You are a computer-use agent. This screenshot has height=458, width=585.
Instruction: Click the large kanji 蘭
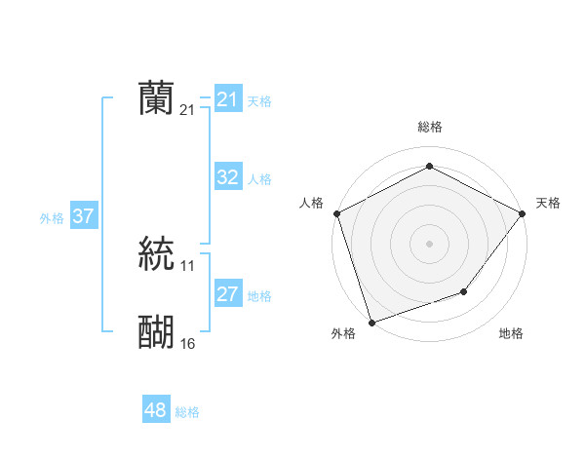tap(156, 98)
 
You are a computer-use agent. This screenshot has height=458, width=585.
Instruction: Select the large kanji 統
tap(156, 252)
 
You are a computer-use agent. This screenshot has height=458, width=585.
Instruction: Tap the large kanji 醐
tap(156, 332)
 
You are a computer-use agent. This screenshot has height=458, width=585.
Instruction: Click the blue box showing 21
tap(227, 99)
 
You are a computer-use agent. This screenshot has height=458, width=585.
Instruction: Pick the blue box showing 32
tap(227, 177)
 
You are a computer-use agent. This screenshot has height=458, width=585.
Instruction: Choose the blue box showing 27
tap(227, 294)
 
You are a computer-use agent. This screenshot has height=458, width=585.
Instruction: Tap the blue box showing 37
tap(83, 216)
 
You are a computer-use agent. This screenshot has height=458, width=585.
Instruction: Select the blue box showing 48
tap(155, 410)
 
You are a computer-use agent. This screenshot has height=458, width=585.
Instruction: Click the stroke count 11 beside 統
tap(188, 265)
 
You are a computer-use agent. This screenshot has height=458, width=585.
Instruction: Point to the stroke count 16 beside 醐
tap(188, 344)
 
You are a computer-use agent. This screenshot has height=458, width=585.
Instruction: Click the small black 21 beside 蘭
tap(188, 110)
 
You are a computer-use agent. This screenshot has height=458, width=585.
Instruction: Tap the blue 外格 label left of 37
tap(52, 218)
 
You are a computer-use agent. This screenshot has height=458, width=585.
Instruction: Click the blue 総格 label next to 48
tap(187, 412)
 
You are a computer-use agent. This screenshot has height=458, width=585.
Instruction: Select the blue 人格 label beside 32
tap(259, 179)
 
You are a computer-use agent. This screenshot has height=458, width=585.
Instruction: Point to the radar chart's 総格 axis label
tap(430, 128)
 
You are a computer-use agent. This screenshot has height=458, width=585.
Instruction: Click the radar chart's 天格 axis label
tap(548, 203)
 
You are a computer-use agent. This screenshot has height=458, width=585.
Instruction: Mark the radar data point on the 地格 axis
tap(464, 291)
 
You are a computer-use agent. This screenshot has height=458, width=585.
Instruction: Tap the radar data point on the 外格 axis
tap(371, 322)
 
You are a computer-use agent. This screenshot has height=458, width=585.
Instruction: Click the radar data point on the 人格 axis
tap(336, 213)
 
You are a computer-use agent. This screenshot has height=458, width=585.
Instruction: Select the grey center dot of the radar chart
tap(430, 243)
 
